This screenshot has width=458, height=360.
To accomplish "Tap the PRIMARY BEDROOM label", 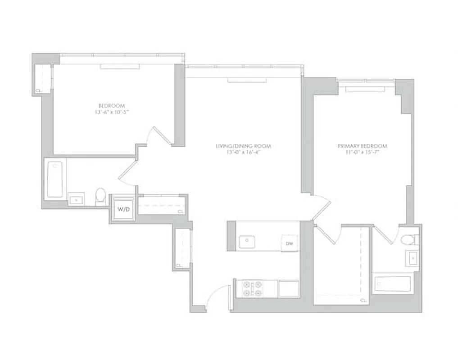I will point(362,146).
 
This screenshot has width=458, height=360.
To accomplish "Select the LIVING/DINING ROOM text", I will point(243,146).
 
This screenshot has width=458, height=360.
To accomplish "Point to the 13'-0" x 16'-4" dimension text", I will point(243,152).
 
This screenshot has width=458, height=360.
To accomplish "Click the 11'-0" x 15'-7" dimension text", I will point(362,152).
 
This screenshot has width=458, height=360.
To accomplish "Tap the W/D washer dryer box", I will point(122,209).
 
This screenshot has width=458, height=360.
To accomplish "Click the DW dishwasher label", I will point(290,243).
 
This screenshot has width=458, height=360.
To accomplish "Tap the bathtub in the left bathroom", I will point(55,180).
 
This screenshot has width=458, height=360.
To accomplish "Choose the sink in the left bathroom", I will point(76,198).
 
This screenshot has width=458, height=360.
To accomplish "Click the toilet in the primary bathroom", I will point(409,240).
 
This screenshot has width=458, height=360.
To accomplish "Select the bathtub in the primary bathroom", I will point(392,284).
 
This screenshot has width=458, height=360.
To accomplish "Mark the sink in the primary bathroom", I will point(413,259).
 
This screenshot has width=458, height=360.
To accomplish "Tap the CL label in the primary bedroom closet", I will point(363,300).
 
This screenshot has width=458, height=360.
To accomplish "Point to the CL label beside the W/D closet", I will point(180,211).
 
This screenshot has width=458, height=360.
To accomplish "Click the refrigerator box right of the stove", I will point(289,288).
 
